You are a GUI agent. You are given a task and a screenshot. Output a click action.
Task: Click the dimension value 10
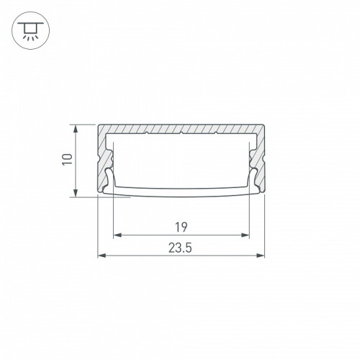[x=67, y=159]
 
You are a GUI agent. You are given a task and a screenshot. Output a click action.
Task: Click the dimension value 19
[x=181, y=228]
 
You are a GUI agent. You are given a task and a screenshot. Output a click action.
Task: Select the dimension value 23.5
[x=180, y=248]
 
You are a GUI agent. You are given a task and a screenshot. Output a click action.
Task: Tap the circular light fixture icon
[x=30, y=30]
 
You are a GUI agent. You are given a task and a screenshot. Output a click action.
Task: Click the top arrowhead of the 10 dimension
[x=76, y=129]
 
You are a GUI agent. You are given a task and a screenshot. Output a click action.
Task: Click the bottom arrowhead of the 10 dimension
[x=76, y=193]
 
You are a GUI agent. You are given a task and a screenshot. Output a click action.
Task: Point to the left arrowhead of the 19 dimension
[x=117, y=235]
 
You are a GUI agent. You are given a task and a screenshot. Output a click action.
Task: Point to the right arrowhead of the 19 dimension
[x=246, y=235]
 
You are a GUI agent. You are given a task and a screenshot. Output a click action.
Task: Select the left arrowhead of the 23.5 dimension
[x=102, y=256]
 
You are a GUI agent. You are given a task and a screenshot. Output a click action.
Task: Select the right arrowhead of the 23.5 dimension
[x=260, y=256]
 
